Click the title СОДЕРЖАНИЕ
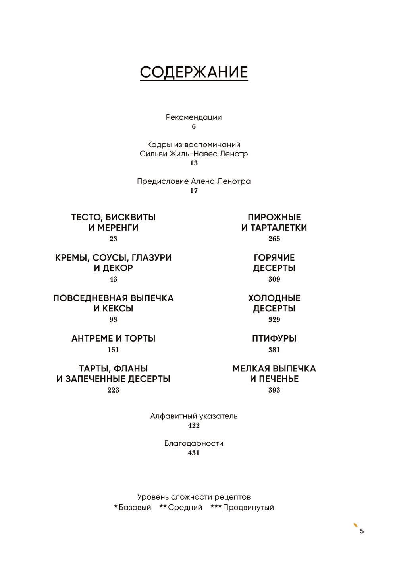pyautogui.click(x=194, y=72)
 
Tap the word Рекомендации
pyautogui.click(x=194, y=117)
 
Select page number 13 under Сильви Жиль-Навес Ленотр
pyautogui.click(x=194, y=163)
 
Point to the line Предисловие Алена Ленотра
pyautogui.click(x=194, y=181)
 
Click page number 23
pyautogui.click(x=113, y=239)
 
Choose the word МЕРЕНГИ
pyautogui.click(x=118, y=228)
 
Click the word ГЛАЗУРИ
pyautogui.click(x=152, y=258)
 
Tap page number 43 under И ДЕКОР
pyautogui.click(x=113, y=279)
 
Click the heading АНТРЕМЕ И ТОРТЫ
pyautogui.click(x=113, y=338)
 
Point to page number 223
pyautogui.click(x=113, y=390)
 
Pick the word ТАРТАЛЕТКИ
pyautogui.click(x=278, y=228)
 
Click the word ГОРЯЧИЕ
pyautogui.click(x=274, y=258)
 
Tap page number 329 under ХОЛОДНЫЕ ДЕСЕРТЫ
pyautogui.click(x=274, y=319)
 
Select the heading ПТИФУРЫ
pyautogui.click(x=274, y=338)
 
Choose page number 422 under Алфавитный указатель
pyautogui.click(x=194, y=425)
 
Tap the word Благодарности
pyautogui.click(x=194, y=443)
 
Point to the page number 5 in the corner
pyautogui.click(x=362, y=531)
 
